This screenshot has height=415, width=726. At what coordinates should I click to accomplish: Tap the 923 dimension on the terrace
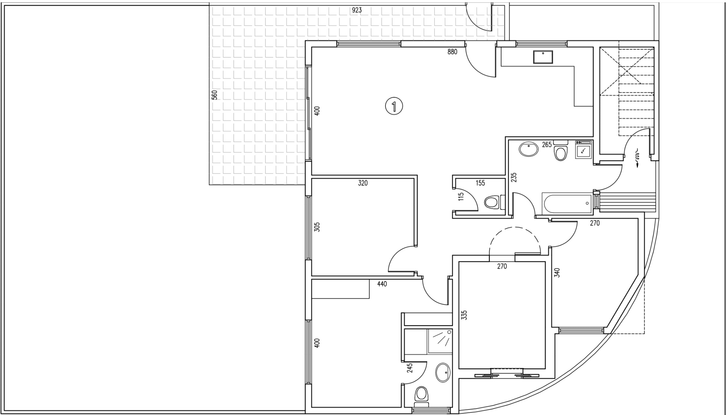(357, 10)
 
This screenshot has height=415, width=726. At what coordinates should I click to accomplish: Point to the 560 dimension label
(214, 95)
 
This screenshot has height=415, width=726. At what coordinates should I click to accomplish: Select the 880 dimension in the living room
(452, 52)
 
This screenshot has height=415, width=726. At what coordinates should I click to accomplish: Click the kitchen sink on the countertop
(543, 57)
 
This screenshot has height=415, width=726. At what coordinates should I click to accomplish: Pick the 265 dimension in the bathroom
(547, 145)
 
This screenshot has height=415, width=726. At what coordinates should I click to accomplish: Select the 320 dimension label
(363, 183)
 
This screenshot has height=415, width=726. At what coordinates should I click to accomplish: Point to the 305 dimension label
(317, 227)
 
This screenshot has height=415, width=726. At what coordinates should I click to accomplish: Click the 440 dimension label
(382, 284)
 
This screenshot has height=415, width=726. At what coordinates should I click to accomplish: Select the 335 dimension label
(464, 315)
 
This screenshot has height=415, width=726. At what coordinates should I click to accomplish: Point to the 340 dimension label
(557, 272)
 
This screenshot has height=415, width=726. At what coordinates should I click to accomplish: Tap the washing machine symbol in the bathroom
(584, 149)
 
